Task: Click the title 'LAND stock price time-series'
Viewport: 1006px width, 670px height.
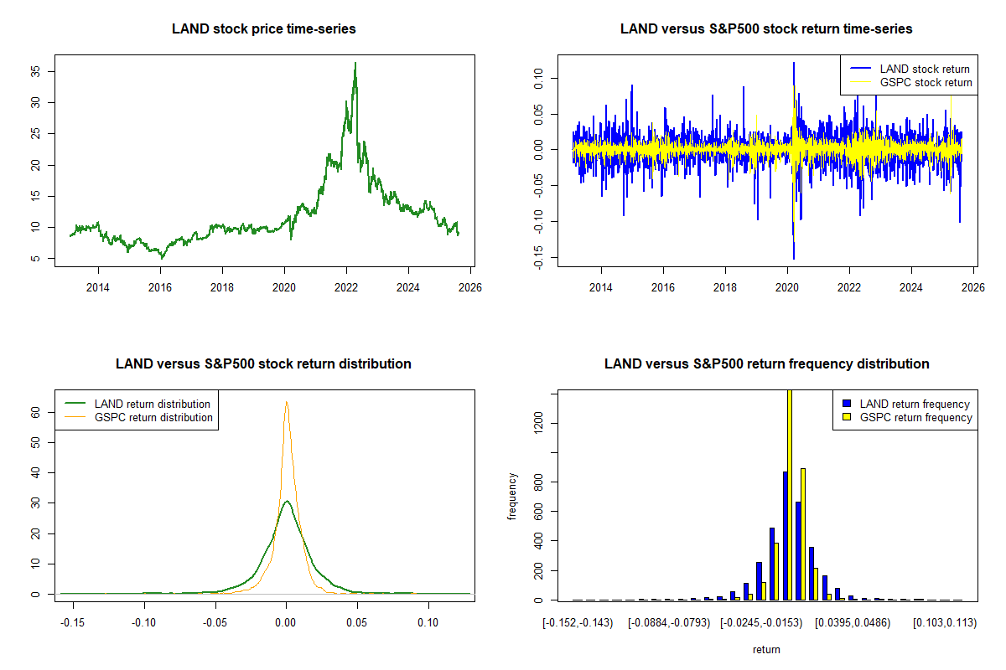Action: point(263,29)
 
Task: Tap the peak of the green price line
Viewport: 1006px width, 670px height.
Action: point(355,64)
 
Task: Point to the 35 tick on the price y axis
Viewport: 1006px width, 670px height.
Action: point(35,72)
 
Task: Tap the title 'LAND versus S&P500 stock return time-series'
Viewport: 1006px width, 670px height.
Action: point(766,29)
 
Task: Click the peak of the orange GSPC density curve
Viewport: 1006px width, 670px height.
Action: point(287,402)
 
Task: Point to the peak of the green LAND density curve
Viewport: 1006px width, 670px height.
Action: point(287,502)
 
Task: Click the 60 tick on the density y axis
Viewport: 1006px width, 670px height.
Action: point(35,412)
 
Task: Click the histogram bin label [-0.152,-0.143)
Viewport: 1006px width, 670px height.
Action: point(578,623)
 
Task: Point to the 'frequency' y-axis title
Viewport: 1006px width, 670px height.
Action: point(512,496)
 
